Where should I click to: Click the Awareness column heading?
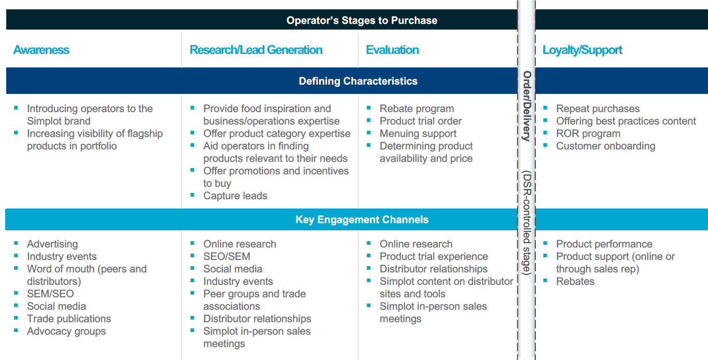click(x=41, y=50)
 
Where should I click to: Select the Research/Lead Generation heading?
click(x=256, y=50)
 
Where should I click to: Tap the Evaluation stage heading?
click(x=392, y=50)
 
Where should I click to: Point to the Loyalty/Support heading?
click(x=582, y=50)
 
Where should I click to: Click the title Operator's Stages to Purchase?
click(x=362, y=20)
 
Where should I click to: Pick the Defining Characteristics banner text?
click(x=358, y=81)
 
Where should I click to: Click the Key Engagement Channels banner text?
click(x=362, y=219)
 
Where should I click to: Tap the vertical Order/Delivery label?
click(x=526, y=106)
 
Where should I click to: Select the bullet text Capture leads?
click(x=235, y=196)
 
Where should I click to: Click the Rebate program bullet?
click(x=417, y=109)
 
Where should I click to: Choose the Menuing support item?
click(x=418, y=134)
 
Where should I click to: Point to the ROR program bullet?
click(x=588, y=134)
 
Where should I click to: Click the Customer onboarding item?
click(x=606, y=146)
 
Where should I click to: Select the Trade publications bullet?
click(x=69, y=319)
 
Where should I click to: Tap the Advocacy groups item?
click(x=66, y=331)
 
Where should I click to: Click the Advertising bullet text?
click(x=52, y=244)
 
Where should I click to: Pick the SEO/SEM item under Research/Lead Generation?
click(x=227, y=256)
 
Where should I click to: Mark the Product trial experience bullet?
click(x=434, y=256)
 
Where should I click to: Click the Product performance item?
click(x=604, y=244)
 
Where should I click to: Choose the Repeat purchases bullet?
click(x=598, y=109)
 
